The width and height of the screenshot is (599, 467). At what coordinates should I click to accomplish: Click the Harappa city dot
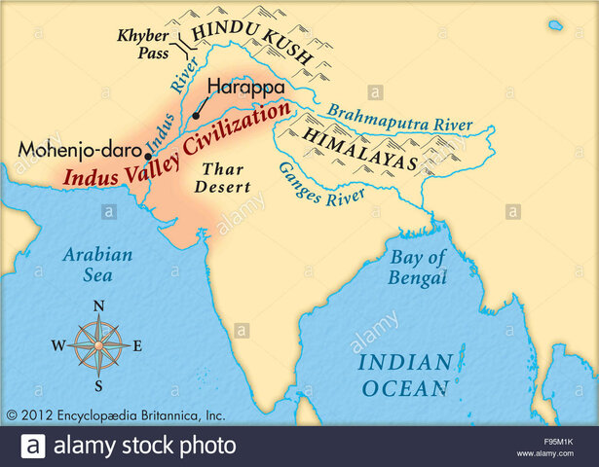pyautogui.click(x=196, y=116)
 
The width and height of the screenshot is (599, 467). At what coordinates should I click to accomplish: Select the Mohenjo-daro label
pyautogui.click(x=79, y=151)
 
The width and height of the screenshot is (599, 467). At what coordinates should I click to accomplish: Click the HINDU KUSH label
pyautogui.click(x=251, y=44)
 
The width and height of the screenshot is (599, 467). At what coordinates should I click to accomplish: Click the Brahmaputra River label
pyautogui.click(x=398, y=118)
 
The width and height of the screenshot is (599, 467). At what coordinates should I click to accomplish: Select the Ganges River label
pyautogui.click(x=320, y=184)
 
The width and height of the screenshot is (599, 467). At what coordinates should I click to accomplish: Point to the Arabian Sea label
pyautogui.click(x=96, y=265)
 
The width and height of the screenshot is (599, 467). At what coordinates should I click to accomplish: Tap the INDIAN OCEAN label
pyautogui.click(x=405, y=376)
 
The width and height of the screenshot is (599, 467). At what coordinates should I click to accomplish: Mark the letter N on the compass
pyautogui.click(x=98, y=306)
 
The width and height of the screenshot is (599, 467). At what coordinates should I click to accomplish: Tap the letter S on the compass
pyautogui.click(x=98, y=384)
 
